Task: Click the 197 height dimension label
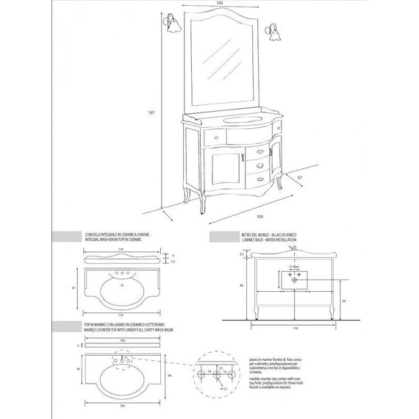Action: point(151,112)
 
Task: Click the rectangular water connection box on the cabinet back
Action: point(294,280)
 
